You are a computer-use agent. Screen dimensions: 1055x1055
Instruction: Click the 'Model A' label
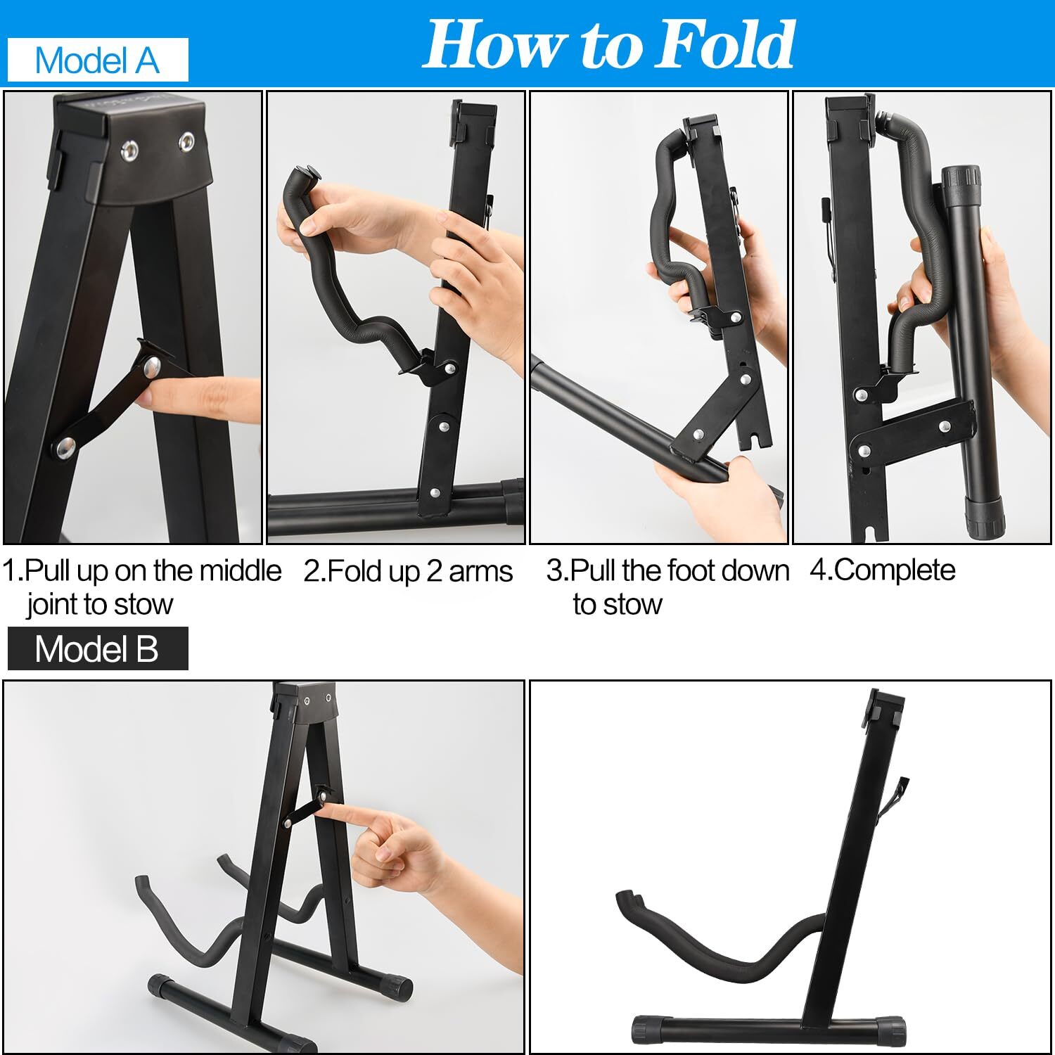click(x=97, y=60)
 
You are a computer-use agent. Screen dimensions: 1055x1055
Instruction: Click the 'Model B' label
click(x=97, y=648)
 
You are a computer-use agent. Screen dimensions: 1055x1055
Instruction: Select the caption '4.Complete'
click(x=882, y=570)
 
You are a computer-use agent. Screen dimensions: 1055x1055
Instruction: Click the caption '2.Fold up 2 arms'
click(x=408, y=571)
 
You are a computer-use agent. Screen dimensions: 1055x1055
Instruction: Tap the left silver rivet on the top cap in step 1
click(x=129, y=149)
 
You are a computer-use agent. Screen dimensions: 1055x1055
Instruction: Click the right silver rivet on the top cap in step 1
click(x=187, y=141)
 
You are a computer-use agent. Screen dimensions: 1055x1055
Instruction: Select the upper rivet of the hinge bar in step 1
click(x=151, y=366)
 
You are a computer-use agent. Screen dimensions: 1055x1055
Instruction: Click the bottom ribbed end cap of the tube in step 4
click(x=987, y=518)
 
